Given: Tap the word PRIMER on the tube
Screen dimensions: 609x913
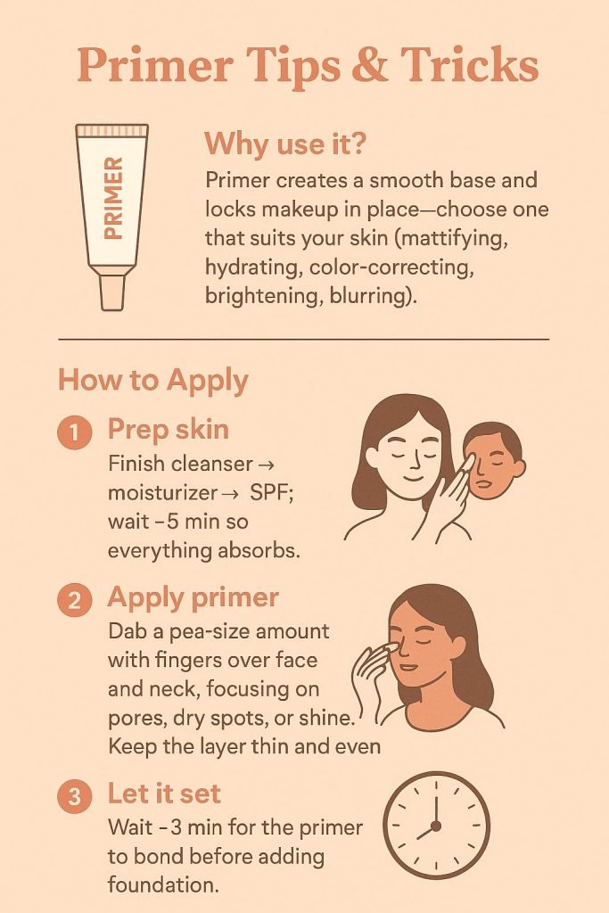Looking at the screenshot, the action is [113, 198].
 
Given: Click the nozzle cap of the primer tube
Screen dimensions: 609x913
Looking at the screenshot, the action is [111, 292].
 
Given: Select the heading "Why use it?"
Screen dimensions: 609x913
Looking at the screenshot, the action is [284, 144].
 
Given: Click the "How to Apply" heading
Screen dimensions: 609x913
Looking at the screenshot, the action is [153, 381].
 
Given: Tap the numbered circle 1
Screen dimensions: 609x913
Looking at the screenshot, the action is [75, 432].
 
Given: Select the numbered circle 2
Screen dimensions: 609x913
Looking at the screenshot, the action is [75, 600].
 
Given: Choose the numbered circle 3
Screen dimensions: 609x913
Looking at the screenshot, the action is [75, 796].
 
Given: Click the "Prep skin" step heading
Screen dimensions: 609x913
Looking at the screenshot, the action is [169, 430].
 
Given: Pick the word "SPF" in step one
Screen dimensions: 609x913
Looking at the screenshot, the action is [271, 492].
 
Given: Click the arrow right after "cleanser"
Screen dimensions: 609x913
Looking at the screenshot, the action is [265, 465].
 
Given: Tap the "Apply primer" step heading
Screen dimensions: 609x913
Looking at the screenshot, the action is [193, 598].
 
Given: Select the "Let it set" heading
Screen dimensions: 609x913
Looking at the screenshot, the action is [164, 794].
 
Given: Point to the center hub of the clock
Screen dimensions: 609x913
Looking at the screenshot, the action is [435, 826].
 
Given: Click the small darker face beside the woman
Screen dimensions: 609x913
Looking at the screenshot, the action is [494, 461].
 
